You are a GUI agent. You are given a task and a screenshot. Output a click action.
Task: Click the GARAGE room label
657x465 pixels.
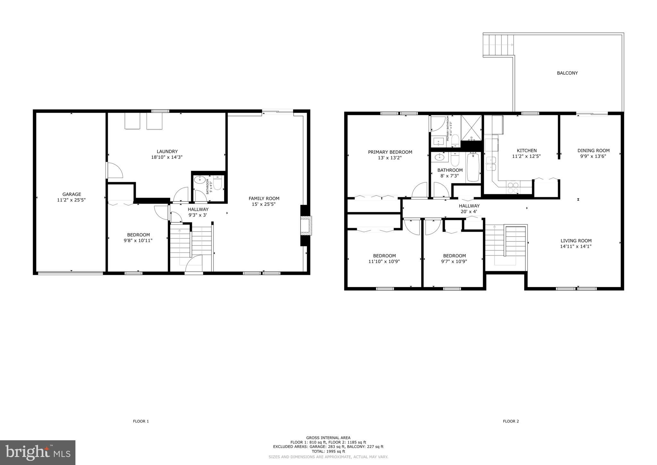click(72, 194)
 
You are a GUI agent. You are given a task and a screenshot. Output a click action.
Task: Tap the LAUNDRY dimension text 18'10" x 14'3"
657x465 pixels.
click(167, 157)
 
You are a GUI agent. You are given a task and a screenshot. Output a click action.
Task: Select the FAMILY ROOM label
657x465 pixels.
click(264, 198)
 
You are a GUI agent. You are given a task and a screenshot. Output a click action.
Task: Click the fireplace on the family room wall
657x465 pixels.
click(306, 226)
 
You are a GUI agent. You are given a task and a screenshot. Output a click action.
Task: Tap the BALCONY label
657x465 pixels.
click(567, 73)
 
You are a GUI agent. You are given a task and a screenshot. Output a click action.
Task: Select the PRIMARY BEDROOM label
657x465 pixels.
click(390, 152)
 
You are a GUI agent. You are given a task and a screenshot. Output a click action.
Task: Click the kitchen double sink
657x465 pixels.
click(491, 163)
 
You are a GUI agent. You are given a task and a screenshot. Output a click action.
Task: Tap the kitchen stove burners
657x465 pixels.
click(513, 187)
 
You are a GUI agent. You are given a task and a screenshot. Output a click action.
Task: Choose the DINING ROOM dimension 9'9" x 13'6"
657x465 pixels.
click(593, 156)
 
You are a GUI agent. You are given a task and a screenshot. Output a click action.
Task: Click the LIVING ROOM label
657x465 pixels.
click(576, 241)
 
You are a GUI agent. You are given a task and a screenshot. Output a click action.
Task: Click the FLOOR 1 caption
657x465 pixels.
click(141, 421)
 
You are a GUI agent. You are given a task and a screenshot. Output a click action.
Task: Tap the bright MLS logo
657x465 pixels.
click(38, 452)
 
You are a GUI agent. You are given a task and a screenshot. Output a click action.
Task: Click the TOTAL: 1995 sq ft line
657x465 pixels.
click(328, 451)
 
